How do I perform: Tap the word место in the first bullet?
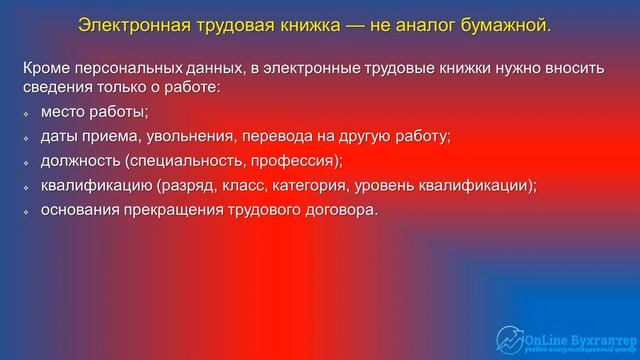click(64, 112)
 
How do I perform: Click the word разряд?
click(192, 185)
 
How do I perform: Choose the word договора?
click(343, 209)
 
